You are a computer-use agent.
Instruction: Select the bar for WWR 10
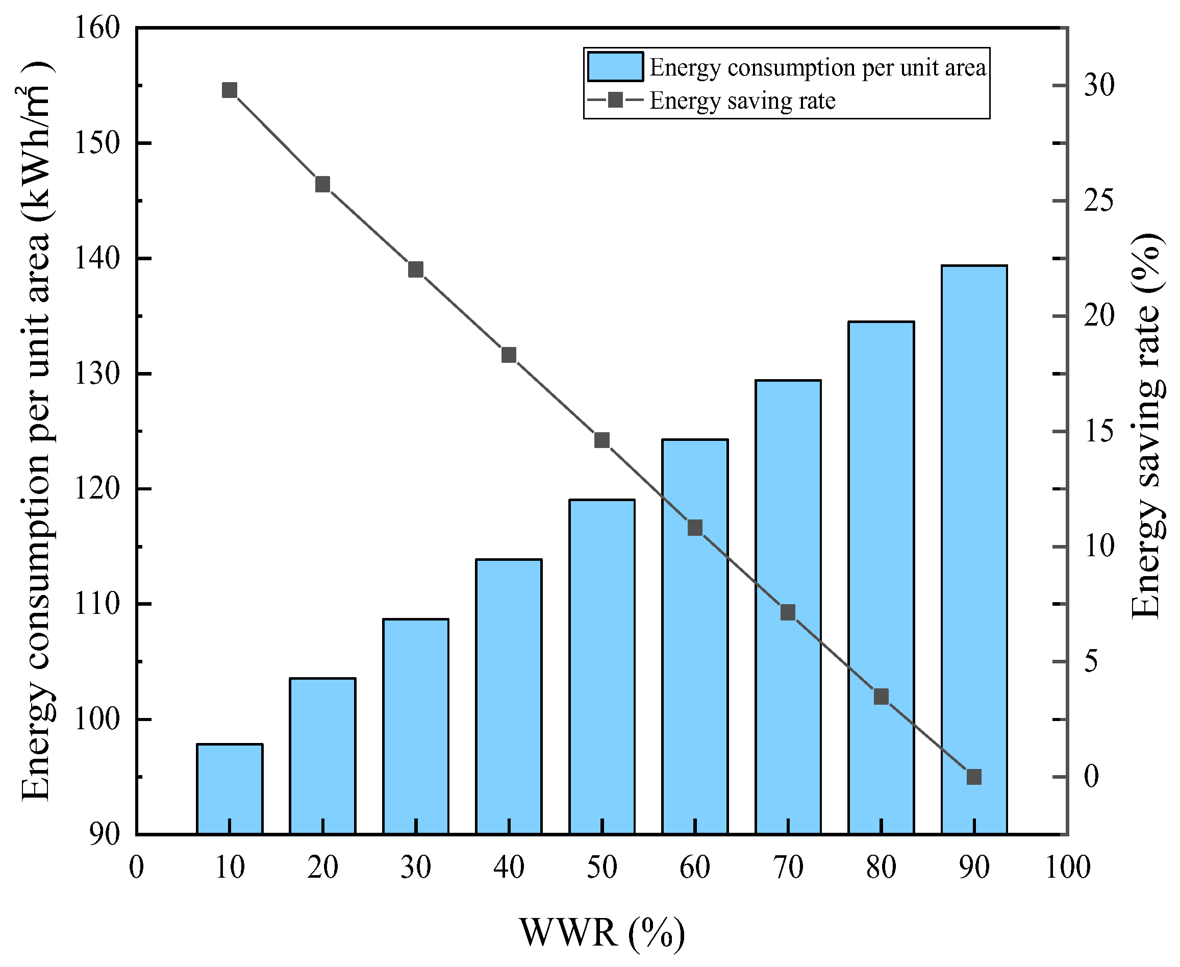pyautogui.click(x=230, y=788)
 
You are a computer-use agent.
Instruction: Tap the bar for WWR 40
pyautogui.click(x=509, y=696)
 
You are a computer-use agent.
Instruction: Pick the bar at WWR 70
pyautogui.click(x=788, y=607)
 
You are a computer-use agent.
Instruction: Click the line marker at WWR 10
pyautogui.click(x=230, y=90)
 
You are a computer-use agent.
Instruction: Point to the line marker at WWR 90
pyautogui.click(x=974, y=777)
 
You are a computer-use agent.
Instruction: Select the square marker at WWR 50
pyautogui.click(x=602, y=440)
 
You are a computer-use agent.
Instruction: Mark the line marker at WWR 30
pyautogui.click(x=416, y=269)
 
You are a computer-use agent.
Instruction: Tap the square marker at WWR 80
pyautogui.click(x=881, y=696)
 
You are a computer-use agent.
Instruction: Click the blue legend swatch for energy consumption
pyautogui.click(x=615, y=67)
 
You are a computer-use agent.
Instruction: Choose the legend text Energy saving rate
pyautogui.click(x=742, y=101)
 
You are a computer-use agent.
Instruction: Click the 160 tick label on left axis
pyautogui.click(x=97, y=28)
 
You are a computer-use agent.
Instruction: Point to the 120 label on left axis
pyautogui.click(x=97, y=489)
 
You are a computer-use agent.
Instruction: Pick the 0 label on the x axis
pyautogui.click(x=136, y=868)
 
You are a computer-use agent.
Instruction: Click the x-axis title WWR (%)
pyautogui.click(x=602, y=932)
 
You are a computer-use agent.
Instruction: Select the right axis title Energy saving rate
pyautogui.click(x=1147, y=426)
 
